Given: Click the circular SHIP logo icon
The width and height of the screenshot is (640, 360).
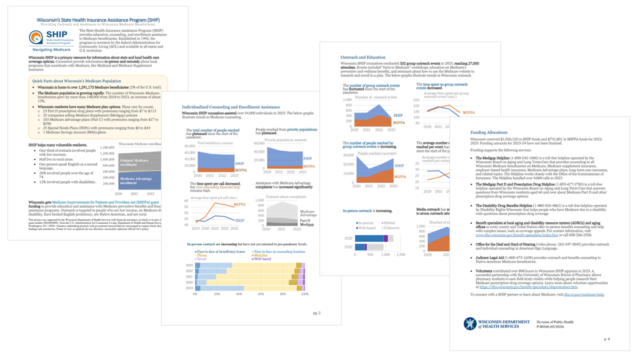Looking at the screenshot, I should (x=36, y=37).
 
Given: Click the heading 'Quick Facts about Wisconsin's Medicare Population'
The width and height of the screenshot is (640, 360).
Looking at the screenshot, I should (x=76, y=80).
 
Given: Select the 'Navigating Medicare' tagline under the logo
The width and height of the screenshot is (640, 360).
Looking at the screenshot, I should (x=51, y=50).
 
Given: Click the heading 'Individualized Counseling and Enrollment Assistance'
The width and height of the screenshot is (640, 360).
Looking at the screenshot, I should (x=230, y=107).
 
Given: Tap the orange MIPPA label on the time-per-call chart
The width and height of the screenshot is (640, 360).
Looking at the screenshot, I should (x=239, y=204).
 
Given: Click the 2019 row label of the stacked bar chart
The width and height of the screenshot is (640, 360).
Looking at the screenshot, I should (x=189, y=288).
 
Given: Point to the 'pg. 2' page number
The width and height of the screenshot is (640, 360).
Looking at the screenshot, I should (x=316, y=313).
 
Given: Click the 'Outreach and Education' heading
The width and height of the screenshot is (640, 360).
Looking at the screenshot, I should (x=363, y=57).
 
